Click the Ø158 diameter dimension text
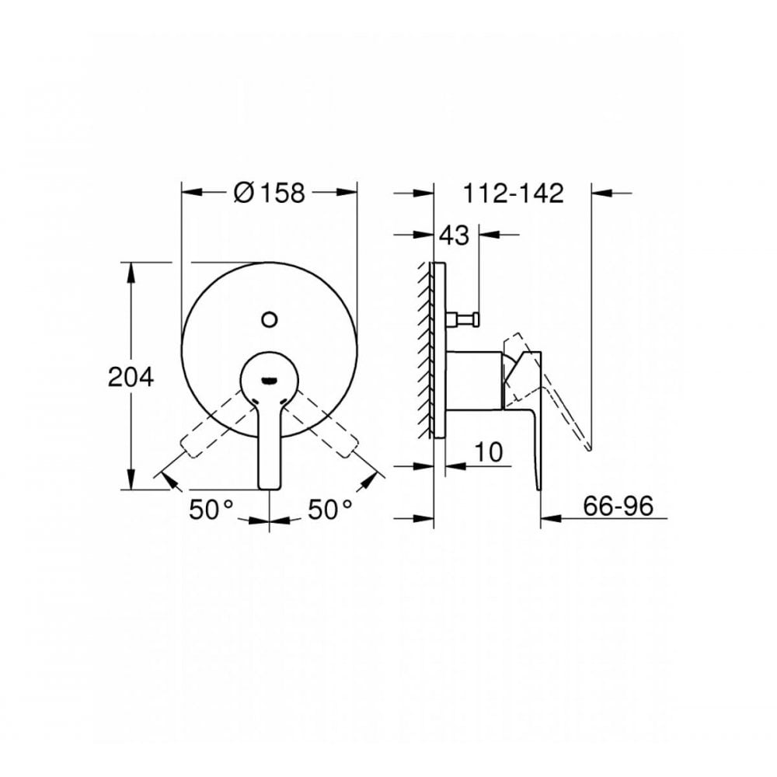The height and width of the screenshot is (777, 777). click(269, 192)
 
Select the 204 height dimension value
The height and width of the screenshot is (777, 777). click(131, 378)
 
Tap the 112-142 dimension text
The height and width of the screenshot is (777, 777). click(513, 193)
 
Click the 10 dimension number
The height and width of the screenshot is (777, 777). click(488, 451)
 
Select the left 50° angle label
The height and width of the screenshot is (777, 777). click(211, 510)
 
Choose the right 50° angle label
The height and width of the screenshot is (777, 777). click(330, 510)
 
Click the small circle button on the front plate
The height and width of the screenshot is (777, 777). click(270, 318)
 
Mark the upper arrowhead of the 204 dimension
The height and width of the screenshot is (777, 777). click(132, 270)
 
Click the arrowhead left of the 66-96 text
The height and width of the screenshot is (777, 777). click(549, 517)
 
